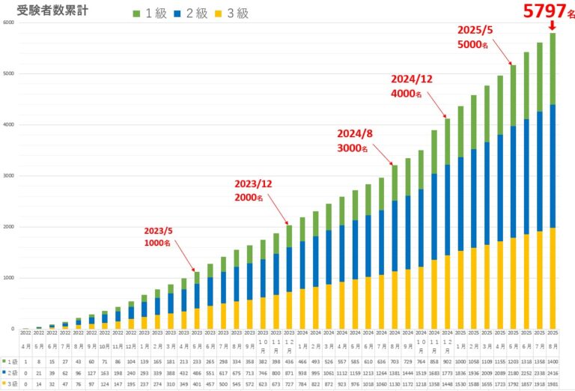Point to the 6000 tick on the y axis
(x=8, y=22)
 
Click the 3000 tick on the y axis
(x=8, y=176)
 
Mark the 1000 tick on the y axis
(x=8, y=278)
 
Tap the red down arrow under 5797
(x=552, y=26)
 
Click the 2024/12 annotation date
(x=412, y=79)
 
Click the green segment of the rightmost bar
(x=553, y=68)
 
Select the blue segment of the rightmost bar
(x=553, y=166)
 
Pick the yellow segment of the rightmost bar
(x=553, y=278)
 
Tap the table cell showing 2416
(x=553, y=372)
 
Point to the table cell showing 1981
(x=553, y=384)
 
